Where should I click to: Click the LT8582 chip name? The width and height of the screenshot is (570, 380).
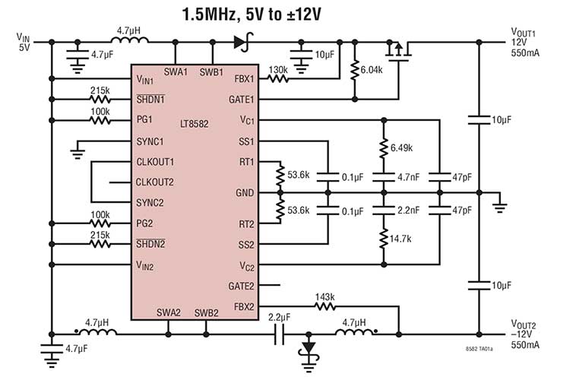pyautogui.click(x=194, y=122)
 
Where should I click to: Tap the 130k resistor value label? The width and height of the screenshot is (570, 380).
pyautogui.click(x=277, y=68)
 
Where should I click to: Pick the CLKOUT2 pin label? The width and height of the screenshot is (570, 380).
pyautogui.click(x=154, y=182)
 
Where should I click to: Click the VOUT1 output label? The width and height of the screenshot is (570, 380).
pyautogui.click(x=524, y=33)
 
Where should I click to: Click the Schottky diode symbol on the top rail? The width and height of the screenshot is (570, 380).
pyautogui.click(x=243, y=41)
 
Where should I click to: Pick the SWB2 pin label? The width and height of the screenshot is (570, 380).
pyautogui.click(x=206, y=312)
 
